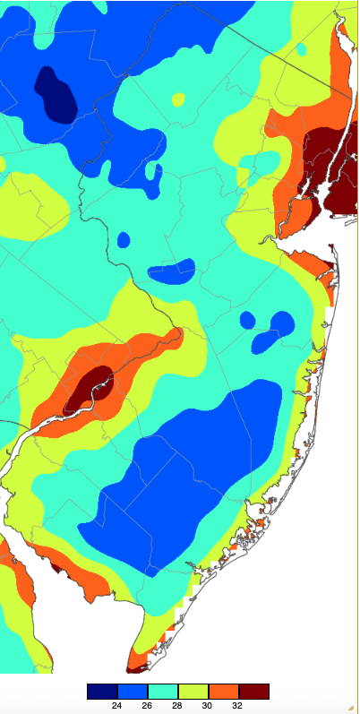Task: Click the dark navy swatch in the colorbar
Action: (x=102, y=691)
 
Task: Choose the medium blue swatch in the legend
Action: (x=132, y=691)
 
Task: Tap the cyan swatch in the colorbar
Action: (x=162, y=691)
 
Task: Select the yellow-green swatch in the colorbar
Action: (x=193, y=691)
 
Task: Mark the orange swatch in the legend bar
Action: (x=223, y=691)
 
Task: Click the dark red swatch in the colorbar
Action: (x=253, y=691)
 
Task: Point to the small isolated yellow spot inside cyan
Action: (x=178, y=99)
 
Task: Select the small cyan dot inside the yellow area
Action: (x=301, y=48)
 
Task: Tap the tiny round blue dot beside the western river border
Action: (x=124, y=240)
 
